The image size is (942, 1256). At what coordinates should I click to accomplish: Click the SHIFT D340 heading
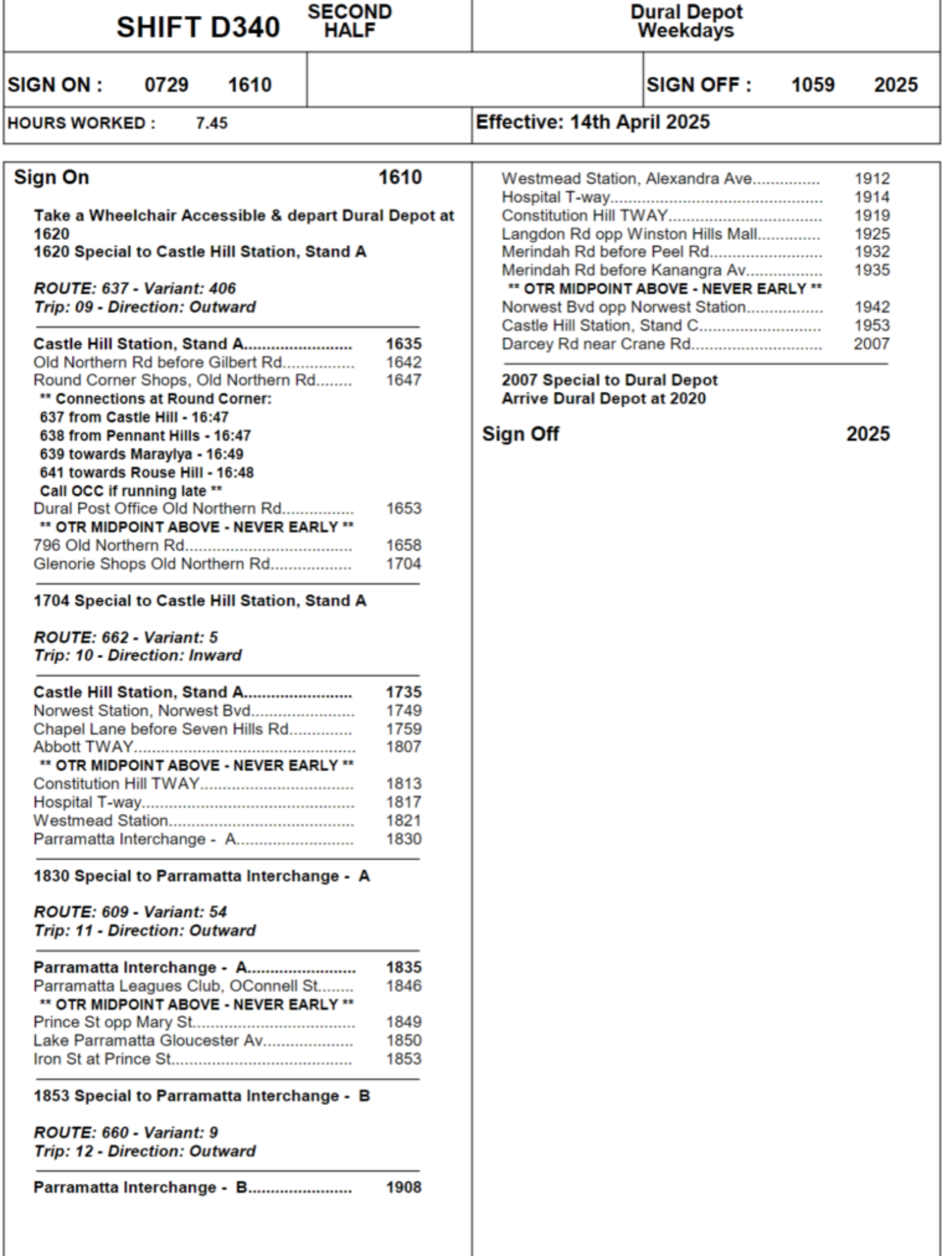198,27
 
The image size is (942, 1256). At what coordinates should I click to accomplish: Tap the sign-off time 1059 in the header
813,85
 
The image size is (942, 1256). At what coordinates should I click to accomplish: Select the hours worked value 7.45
212,123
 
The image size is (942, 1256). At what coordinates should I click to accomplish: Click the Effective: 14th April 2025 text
592,122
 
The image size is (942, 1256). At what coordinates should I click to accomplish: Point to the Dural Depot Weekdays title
686,21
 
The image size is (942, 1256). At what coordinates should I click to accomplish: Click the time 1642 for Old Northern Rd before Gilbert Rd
403,362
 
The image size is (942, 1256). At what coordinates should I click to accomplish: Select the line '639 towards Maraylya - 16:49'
141,454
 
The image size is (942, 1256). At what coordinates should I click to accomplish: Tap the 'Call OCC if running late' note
131,491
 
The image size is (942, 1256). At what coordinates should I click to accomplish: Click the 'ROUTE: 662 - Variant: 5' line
126,637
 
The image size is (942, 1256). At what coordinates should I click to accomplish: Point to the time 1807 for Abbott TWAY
403,747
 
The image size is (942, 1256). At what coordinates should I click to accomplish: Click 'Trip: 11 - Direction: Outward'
144,931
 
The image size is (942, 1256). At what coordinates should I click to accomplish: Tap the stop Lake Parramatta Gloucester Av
148,1041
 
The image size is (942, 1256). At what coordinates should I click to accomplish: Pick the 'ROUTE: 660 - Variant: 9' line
126,1132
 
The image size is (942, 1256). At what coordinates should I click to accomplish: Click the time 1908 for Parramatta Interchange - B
403,1188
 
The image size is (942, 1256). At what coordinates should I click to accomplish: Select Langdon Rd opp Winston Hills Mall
629,234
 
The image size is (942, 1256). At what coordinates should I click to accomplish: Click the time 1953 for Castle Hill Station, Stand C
872,325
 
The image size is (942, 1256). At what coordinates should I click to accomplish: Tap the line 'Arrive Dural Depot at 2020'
604,399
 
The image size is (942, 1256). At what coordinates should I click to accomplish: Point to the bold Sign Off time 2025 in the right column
868,434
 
